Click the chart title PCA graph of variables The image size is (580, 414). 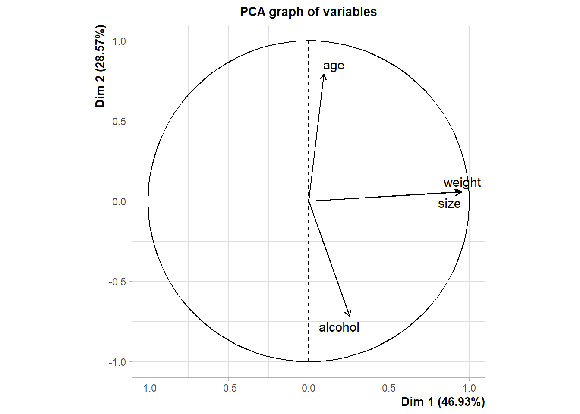click(308, 12)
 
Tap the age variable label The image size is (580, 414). click(334, 66)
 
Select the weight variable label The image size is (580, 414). click(462, 182)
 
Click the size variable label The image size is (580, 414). click(449, 204)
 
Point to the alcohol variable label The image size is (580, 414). click(339, 327)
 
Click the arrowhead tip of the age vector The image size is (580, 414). click(324, 75)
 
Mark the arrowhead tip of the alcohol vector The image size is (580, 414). click(350, 316)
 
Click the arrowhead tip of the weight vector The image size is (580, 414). click(463, 192)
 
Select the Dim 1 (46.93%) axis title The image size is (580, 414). click(443, 402)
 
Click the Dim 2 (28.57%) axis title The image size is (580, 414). click(100, 66)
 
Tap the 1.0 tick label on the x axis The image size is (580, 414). click(469, 388)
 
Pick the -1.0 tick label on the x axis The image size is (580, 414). click(148, 388)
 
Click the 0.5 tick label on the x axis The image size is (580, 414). click(389, 388)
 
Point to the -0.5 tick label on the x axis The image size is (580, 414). click(228, 388)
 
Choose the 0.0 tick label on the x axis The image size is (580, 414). click(309, 388)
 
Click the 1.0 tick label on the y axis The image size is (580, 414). click(119, 41)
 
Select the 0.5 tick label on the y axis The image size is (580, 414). click(119, 122)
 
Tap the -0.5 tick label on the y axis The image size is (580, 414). click(117, 282)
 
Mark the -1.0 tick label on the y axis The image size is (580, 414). click(117, 362)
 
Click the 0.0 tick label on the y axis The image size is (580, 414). click(119, 202)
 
